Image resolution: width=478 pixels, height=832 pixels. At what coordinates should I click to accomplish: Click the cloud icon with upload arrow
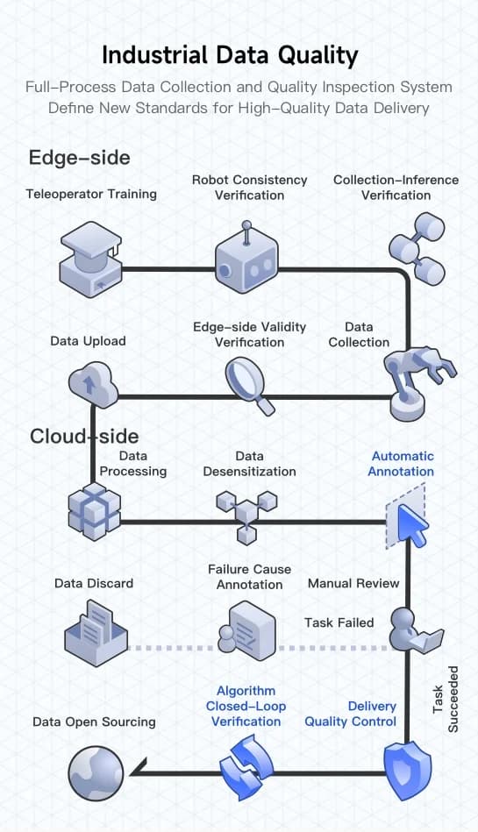point(93,385)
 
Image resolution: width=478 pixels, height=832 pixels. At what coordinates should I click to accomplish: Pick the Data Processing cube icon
point(94,510)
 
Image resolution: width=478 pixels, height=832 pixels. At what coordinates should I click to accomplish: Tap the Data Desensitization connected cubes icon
point(246,514)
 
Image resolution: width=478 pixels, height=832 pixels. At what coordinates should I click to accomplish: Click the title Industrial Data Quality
point(230,55)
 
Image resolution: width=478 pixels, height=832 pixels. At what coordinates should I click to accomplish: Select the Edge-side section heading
point(79,157)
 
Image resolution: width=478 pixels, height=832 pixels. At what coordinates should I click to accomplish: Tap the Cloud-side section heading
point(84,436)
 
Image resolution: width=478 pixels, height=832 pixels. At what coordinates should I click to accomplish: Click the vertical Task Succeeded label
point(445,700)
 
